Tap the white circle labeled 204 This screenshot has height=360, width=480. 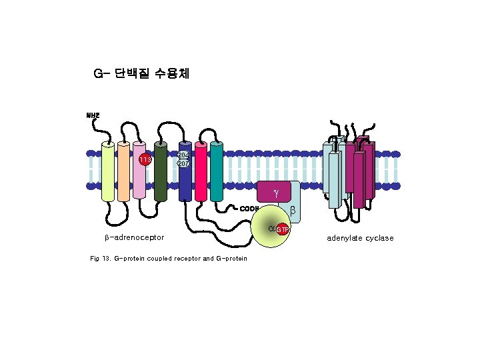[184, 155]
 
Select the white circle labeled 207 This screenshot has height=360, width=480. [184, 164]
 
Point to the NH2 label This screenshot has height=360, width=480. [93, 115]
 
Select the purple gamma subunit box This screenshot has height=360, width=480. [275, 193]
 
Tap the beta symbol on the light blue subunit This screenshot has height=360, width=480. [291, 211]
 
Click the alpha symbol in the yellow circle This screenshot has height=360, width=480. [271, 228]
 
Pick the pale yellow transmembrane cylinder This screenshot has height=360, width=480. [108, 171]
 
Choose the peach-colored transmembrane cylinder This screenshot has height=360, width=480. [123, 171]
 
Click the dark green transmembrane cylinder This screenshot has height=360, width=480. [160, 171]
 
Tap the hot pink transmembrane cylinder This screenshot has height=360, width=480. [201, 171]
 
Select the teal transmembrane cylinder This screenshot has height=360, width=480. [216, 171]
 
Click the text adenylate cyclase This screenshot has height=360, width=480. [360, 238]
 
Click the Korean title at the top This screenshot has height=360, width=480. [141, 73]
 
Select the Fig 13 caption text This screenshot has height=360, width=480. [168, 258]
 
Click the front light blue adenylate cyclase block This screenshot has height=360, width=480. [334, 180]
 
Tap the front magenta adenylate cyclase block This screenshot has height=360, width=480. [359, 180]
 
